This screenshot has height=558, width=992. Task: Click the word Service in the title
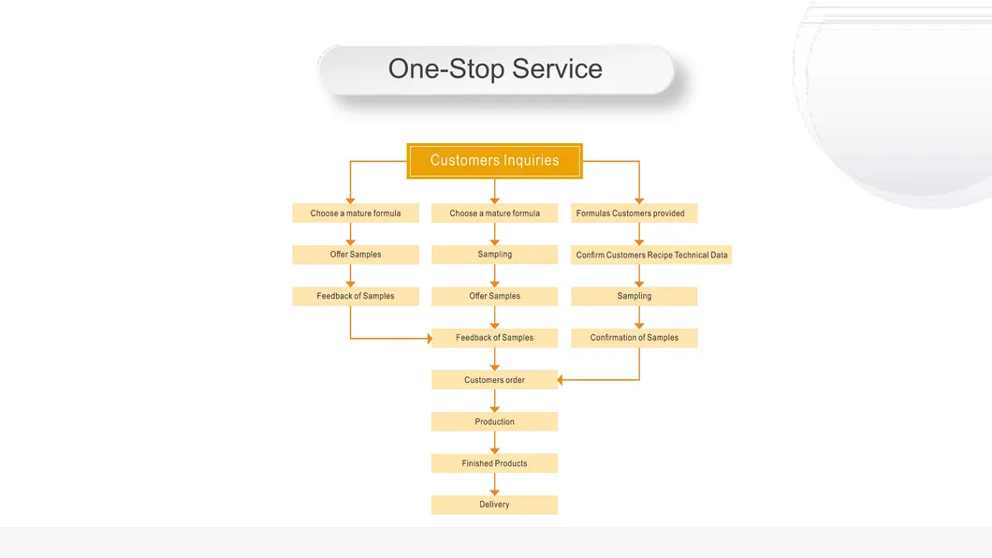pos(557,69)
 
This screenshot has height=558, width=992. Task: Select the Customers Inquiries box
pos(494,161)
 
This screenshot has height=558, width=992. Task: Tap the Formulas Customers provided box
pos(634,213)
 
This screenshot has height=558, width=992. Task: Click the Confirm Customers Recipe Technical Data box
pos(651,255)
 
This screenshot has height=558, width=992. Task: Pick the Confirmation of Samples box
pos(634,338)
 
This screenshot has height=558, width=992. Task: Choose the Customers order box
pos(494,380)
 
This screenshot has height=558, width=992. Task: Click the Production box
pos(494,422)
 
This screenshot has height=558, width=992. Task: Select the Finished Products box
pos(494,463)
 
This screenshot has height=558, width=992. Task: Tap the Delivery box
pos(494,505)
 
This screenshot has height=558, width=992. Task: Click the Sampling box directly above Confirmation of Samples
pos(634,296)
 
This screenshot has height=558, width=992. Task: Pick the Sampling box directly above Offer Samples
pos(494,255)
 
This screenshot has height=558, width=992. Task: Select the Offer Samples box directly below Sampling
pos(494,296)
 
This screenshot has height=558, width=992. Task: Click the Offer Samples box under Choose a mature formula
pos(356,255)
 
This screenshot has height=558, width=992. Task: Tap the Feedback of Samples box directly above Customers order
pos(494,338)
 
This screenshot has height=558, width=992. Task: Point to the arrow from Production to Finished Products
pos(495,443)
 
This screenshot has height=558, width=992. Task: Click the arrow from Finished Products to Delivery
pos(495,484)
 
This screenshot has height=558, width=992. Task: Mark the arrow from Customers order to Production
pos(495,401)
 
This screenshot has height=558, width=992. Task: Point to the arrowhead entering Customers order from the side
pos(562,380)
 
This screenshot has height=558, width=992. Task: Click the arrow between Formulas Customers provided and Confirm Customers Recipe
pos(639,234)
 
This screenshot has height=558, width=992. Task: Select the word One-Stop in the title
pos(445,69)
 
